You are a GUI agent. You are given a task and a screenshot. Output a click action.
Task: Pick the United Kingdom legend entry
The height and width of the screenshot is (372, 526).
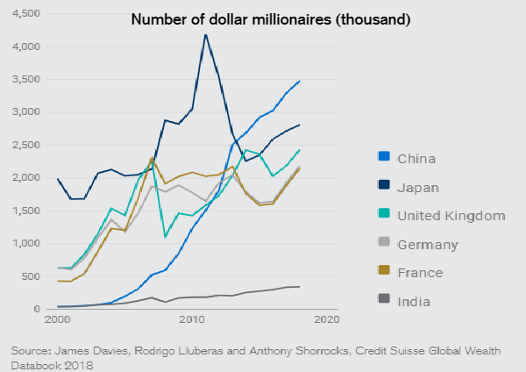coord(439,216)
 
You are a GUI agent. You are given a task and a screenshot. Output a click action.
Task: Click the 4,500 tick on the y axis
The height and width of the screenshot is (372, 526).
coord(25,14)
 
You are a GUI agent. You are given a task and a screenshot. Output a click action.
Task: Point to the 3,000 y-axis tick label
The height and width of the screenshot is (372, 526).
coord(25,112)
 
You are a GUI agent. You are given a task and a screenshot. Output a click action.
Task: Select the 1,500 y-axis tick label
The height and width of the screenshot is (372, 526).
coord(25,211)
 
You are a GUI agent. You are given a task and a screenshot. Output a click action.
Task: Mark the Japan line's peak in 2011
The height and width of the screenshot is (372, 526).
coord(205,35)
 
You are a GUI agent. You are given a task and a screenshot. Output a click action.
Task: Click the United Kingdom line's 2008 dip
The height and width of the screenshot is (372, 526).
coord(166,236)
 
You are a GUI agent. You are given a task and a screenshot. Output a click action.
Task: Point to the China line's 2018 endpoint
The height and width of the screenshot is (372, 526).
coord(300,81)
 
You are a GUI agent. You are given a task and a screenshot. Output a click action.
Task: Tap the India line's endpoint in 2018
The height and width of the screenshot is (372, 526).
coord(300,287)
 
